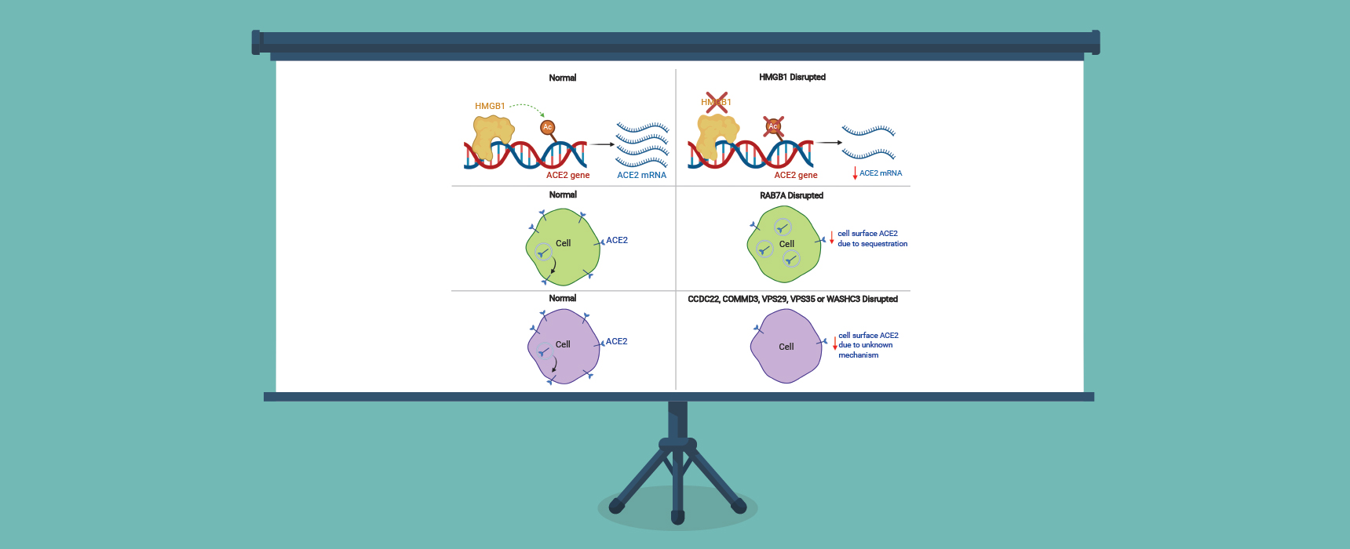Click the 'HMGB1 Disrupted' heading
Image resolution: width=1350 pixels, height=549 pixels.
pyautogui.click(x=792, y=77)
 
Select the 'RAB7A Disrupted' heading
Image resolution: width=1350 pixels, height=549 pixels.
pyautogui.click(x=791, y=195)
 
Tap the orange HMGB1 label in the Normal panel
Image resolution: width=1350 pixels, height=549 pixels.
pyautogui.click(x=490, y=106)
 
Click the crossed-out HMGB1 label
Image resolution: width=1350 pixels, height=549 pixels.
pyautogui.click(x=716, y=102)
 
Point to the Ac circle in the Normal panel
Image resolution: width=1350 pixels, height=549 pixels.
pyautogui.click(x=548, y=127)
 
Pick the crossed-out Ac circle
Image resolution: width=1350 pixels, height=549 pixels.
pyautogui.click(x=773, y=126)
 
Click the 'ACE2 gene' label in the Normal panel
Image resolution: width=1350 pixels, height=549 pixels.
pyautogui.click(x=567, y=175)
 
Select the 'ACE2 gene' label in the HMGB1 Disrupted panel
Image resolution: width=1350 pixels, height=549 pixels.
pyautogui.click(x=796, y=175)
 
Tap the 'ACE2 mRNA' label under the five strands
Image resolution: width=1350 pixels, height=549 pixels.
pyautogui.click(x=641, y=175)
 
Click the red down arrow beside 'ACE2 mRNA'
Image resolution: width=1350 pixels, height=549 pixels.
pyautogui.click(x=855, y=173)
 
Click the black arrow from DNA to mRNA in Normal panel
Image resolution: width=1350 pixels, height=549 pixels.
pyautogui.click(x=603, y=144)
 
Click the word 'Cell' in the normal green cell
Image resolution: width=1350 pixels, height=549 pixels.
pyautogui.click(x=563, y=243)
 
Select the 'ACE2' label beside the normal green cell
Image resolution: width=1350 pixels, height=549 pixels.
pyautogui.click(x=617, y=240)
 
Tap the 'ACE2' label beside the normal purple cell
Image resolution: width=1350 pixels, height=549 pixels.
pyautogui.click(x=616, y=341)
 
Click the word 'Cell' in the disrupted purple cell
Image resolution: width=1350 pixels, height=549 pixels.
pyautogui.click(x=786, y=347)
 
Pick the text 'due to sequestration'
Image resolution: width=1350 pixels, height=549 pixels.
pyautogui.click(x=872, y=244)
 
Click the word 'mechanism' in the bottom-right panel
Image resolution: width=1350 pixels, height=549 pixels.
pyautogui.click(x=858, y=355)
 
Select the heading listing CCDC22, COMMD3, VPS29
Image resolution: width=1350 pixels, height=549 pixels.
pyautogui.click(x=793, y=299)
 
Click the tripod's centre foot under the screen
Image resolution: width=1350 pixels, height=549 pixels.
pyautogui.click(x=678, y=517)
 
